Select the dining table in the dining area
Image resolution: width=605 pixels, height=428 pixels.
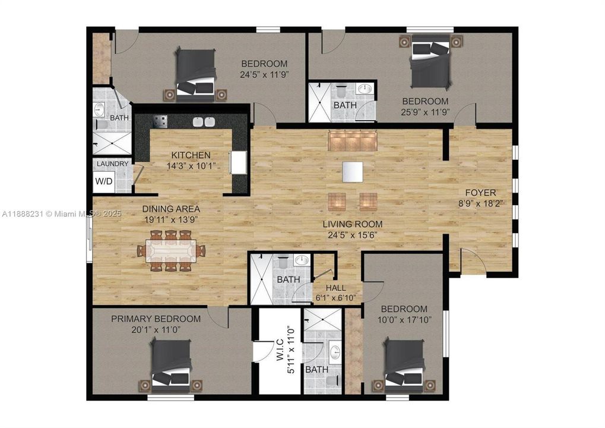pos(171,251)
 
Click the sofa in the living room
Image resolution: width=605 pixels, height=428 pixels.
pos(352,142)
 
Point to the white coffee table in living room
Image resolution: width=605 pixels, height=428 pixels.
pos(352,172)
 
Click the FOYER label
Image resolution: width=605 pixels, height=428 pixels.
pos(480,193)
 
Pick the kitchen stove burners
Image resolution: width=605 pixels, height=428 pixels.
pos(160,121)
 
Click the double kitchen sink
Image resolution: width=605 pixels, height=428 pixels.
pos(204,122)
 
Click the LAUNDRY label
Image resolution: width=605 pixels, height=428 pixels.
pos(112,163)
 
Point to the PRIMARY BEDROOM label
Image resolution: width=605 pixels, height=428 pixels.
pos(156,319)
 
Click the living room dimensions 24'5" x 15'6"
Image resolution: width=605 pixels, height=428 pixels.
pos(352,234)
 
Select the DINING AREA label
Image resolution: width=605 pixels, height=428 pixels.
pos(171,209)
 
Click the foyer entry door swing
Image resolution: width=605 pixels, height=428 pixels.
pos(473,261)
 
